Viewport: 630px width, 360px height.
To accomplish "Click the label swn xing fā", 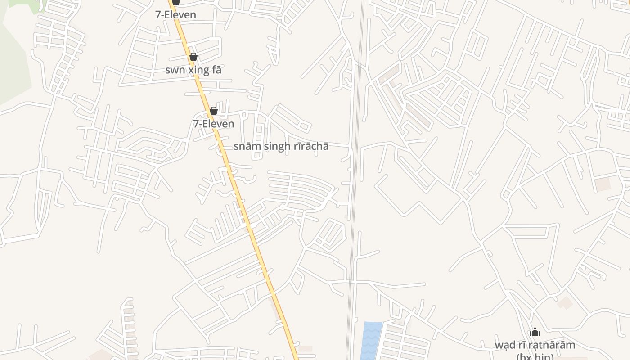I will tap(193, 70).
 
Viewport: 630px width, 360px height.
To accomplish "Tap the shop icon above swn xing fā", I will tap(193, 57).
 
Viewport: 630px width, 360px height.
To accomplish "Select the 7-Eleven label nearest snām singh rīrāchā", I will tap(214, 124).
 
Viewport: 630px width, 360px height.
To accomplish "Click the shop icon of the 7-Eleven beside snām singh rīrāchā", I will tap(214, 111).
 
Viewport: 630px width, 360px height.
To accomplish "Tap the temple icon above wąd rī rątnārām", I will tap(535, 332).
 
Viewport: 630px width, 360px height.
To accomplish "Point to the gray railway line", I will tap(354, 180).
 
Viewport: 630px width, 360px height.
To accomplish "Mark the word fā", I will tap(216, 70).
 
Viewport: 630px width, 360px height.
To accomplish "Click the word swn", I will tap(174, 70).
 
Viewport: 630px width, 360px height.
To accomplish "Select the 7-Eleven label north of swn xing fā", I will tap(176, 15).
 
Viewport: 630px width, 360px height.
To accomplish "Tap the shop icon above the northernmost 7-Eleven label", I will tap(176, 2).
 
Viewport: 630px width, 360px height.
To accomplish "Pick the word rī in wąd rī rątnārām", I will tap(523, 345).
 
